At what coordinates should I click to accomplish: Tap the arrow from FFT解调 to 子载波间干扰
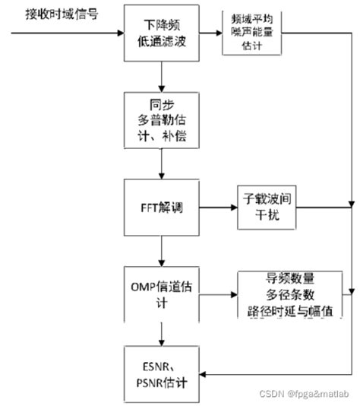(x=216, y=207)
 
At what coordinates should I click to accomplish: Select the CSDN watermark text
(x=307, y=395)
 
